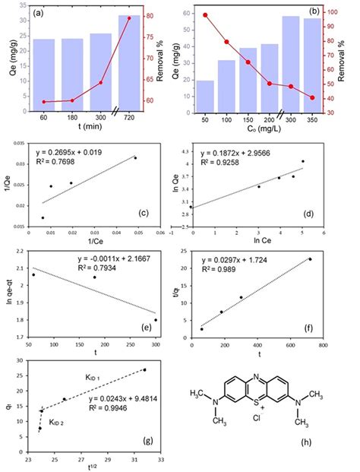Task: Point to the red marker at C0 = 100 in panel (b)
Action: pos(226,42)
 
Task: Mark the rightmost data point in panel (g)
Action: pos(144,370)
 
